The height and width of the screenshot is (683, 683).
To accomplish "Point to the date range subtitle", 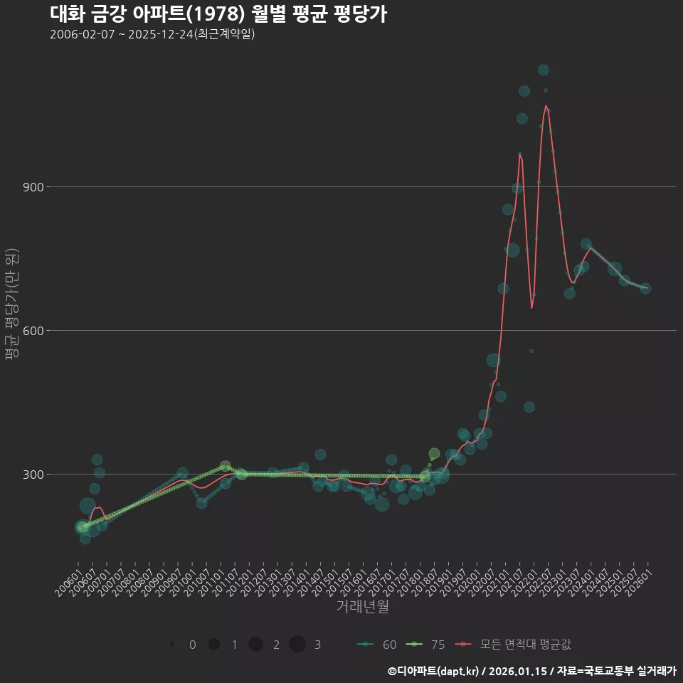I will click(x=152, y=34).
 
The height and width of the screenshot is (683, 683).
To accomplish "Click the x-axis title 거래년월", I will click(x=362, y=607).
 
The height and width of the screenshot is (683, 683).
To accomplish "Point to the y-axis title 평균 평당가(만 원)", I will click(x=11, y=306).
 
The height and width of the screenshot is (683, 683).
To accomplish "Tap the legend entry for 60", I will click(x=378, y=645).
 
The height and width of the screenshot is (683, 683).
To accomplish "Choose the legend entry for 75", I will click(x=426, y=645).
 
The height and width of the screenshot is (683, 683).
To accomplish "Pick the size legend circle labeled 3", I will click(x=297, y=645).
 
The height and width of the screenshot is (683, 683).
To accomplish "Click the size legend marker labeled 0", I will click(x=172, y=645).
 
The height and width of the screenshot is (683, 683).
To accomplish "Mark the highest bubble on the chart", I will click(x=544, y=70).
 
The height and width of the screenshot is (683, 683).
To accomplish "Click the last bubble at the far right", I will click(x=645, y=288).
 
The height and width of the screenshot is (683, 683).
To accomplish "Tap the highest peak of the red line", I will click(x=546, y=106).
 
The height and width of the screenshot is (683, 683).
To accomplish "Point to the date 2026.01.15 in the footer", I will click(x=518, y=671).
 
